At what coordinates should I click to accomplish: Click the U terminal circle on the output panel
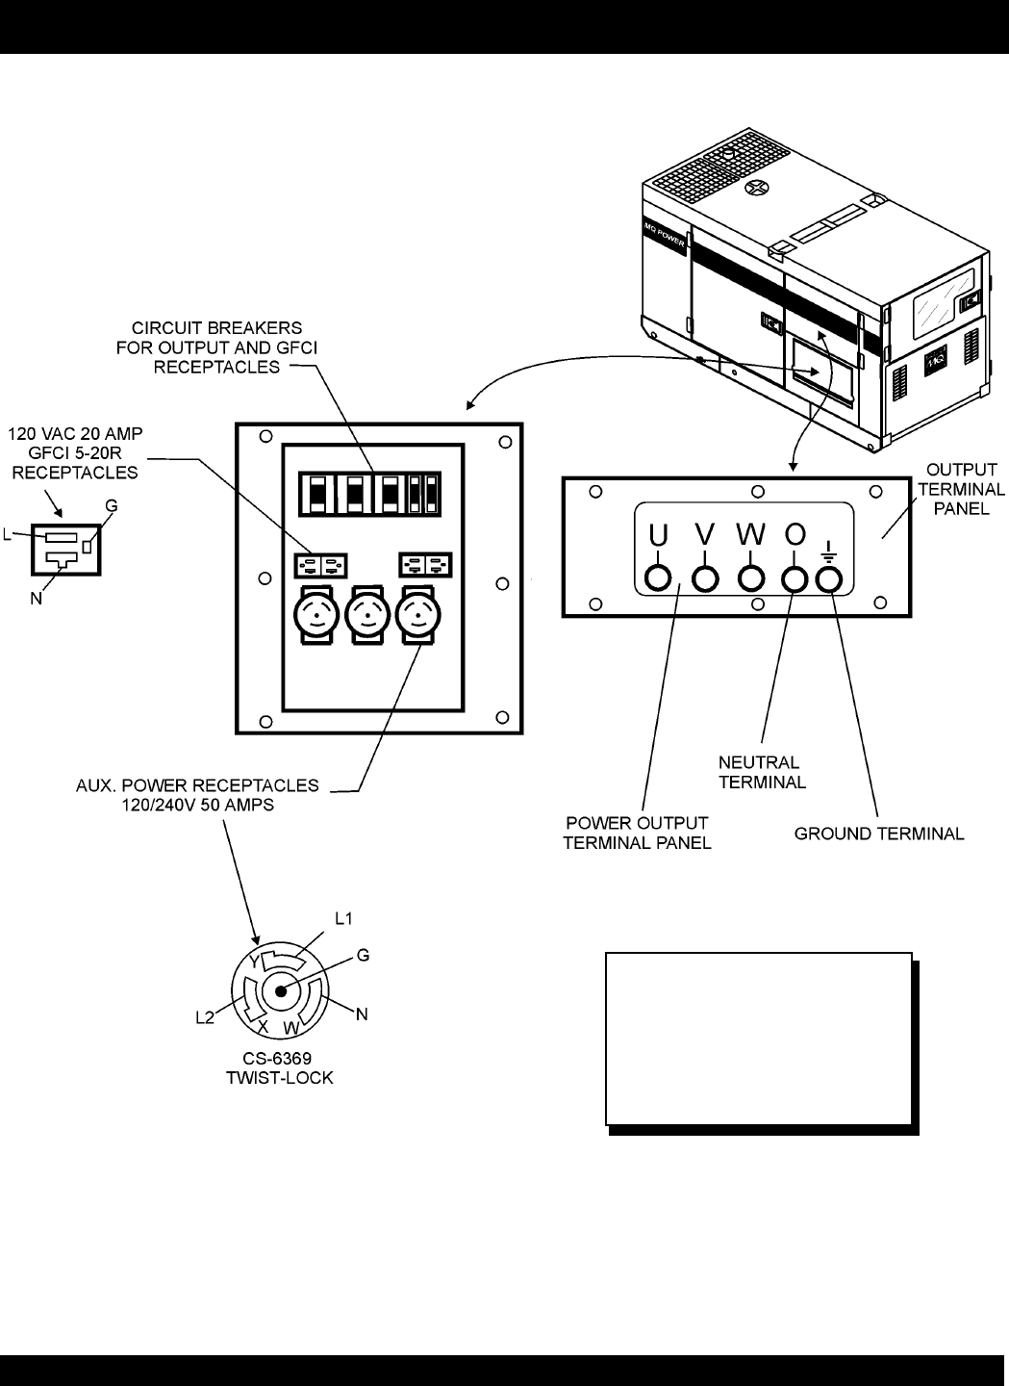click(659, 577)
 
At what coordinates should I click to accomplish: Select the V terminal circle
click(706, 577)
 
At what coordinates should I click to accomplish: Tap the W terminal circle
click(751, 577)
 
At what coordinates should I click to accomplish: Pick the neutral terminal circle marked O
click(794, 577)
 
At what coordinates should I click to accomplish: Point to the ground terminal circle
click(829, 577)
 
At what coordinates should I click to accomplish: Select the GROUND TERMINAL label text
click(878, 834)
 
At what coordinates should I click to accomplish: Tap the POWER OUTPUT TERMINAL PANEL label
click(637, 833)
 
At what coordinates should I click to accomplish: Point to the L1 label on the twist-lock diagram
click(343, 918)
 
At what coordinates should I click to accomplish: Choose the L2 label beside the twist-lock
click(205, 1016)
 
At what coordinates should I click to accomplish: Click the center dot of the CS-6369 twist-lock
click(280, 991)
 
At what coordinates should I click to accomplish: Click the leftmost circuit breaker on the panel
click(314, 493)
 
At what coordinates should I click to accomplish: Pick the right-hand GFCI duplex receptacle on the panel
click(425, 564)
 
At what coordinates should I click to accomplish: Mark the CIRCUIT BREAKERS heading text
click(216, 346)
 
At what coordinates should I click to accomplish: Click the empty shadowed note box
click(758, 1039)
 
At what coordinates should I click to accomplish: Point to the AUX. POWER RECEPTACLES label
click(197, 794)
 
